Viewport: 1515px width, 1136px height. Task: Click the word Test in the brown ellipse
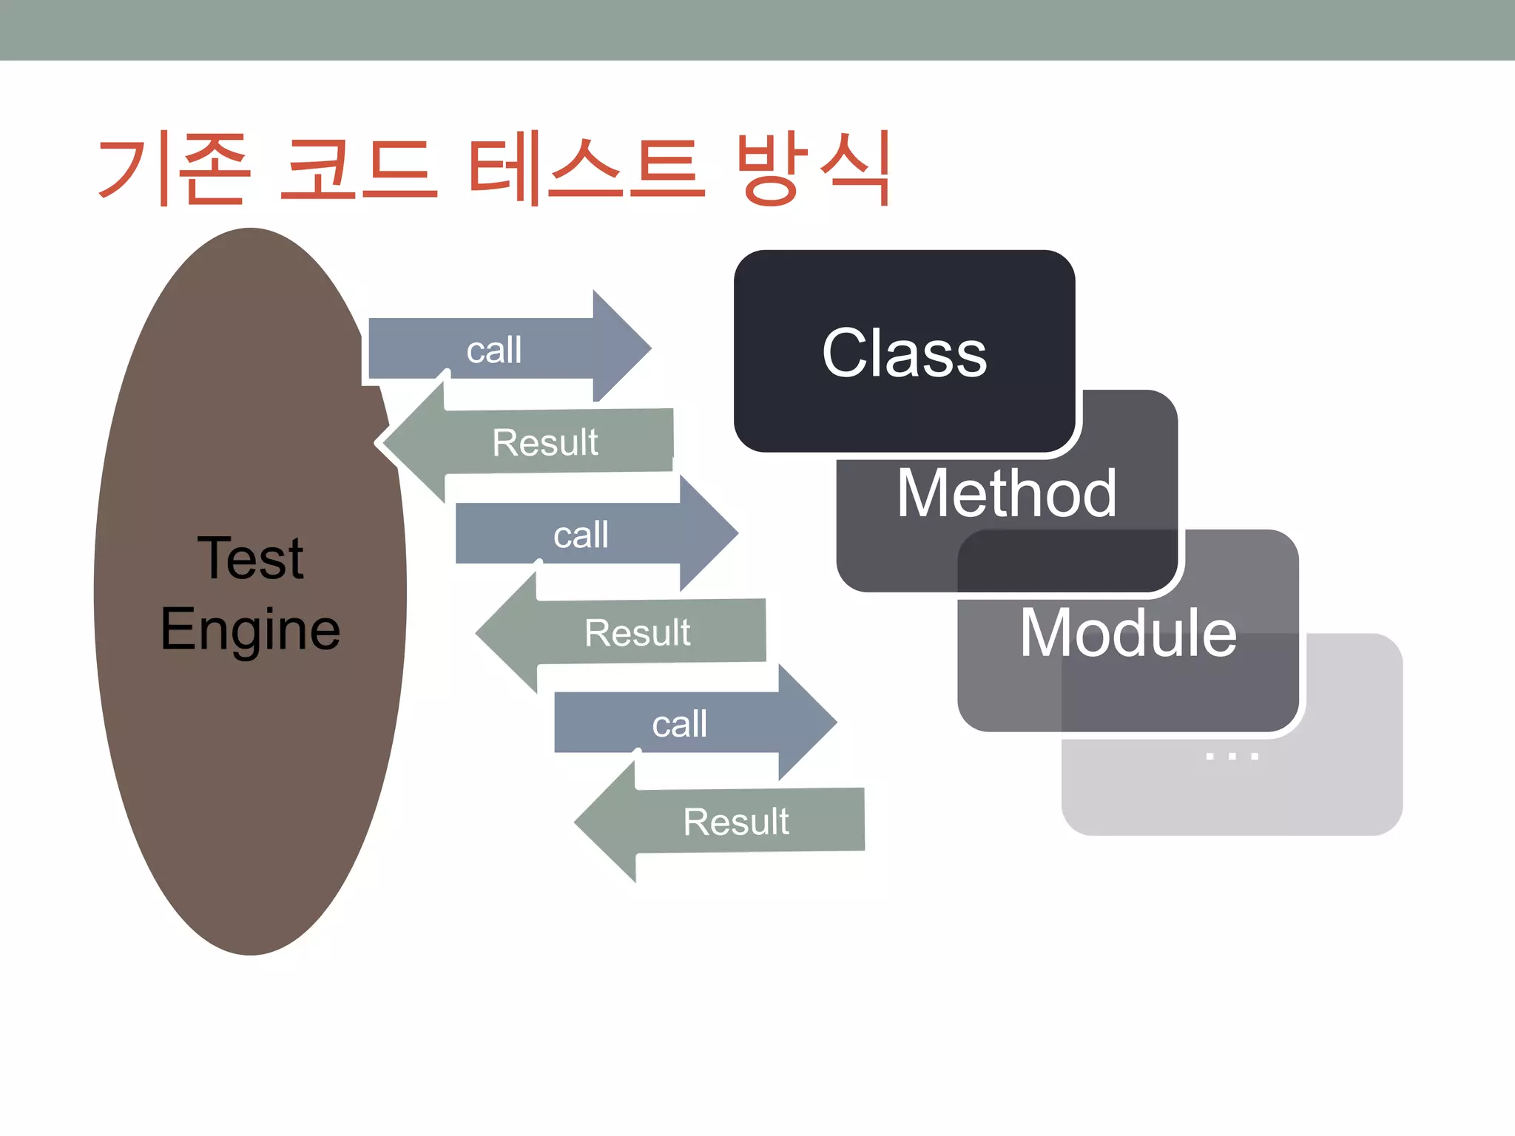(250, 558)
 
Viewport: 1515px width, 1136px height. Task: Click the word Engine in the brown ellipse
(250, 629)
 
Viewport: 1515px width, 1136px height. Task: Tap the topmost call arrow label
(493, 350)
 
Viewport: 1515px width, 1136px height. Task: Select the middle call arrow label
(581, 535)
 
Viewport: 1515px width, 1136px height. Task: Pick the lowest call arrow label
(679, 724)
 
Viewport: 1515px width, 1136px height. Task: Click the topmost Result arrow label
(545, 442)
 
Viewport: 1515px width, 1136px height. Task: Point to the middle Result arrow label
(637, 632)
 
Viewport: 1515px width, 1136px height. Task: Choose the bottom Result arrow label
(736, 822)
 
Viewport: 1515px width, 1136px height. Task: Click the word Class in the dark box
(904, 354)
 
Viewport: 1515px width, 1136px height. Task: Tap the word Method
(1006, 493)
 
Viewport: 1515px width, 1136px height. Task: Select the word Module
(1127, 633)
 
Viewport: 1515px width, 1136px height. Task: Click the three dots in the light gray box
(1232, 756)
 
